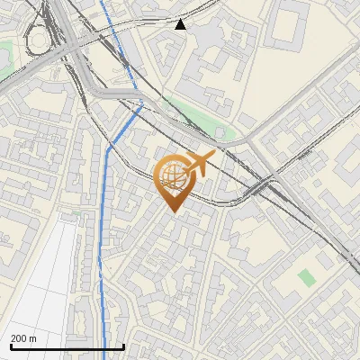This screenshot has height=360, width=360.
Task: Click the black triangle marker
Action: [181, 24]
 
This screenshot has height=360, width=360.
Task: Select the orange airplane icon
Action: [196, 166]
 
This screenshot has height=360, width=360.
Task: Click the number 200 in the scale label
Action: [20, 338]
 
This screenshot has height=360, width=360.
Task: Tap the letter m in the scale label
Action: [33, 338]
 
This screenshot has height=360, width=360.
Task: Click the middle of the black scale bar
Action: [67, 347]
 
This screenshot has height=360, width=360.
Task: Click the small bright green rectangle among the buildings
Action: [308, 277]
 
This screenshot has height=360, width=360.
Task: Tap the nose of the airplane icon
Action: [213, 156]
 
